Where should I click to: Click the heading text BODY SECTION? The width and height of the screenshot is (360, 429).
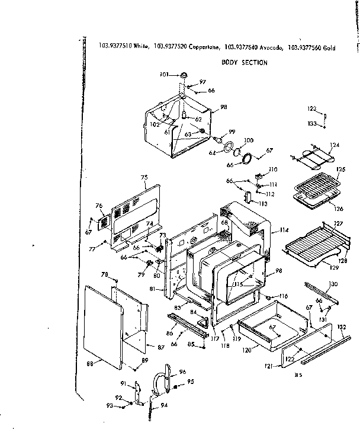245,62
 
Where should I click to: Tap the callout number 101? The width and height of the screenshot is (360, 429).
164,75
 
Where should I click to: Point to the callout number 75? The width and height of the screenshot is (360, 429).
143,177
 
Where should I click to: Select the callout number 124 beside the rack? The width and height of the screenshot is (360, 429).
335,145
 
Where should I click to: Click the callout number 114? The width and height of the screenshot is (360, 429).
284,230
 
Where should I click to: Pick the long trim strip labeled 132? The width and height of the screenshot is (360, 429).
323,351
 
